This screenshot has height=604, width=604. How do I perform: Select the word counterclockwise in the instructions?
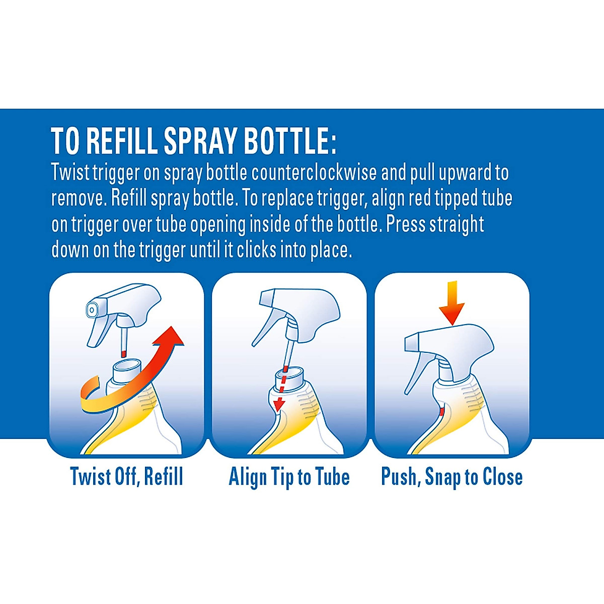[x=314, y=173]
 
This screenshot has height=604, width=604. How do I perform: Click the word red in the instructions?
[x=419, y=198]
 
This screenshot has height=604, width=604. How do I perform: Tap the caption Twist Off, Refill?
[x=126, y=476]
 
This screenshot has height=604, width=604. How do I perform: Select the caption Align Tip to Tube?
[x=289, y=477]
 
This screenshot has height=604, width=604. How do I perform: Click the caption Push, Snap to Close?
[x=451, y=477]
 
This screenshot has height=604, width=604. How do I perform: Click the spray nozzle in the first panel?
[x=92, y=311]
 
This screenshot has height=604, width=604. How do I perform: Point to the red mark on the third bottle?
[x=442, y=411]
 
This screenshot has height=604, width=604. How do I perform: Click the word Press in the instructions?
[x=406, y=224]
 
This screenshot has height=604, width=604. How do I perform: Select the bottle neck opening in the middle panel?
[x=289, y=373]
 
